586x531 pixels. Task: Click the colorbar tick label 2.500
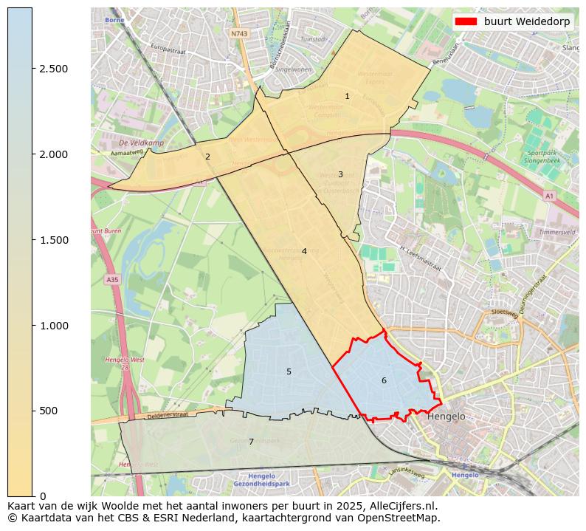click(53, 69)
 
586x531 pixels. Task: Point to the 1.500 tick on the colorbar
click(53, 240)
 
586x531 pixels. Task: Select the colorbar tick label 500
click(49, 411)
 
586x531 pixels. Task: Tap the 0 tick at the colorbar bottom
click(42, 496)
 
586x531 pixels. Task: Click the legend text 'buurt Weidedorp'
click(526, 21)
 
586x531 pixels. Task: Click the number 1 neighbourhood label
click(347, 97)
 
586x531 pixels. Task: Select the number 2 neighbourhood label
click(207, 157)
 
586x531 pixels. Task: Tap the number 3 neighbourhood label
click(340, 175)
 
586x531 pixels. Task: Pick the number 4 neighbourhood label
click(303, 252)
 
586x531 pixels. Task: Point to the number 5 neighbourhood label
click(289, 371)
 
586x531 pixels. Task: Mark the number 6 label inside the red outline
click(384, 381)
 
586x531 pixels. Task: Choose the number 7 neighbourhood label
click(251, 442)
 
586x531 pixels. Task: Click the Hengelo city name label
click(447, 417)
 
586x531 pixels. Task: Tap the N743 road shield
click(238, 34)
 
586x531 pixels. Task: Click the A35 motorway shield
click(111, 280)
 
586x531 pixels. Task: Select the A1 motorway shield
click(548, 196)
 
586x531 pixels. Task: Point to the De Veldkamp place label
click(141, 143)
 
